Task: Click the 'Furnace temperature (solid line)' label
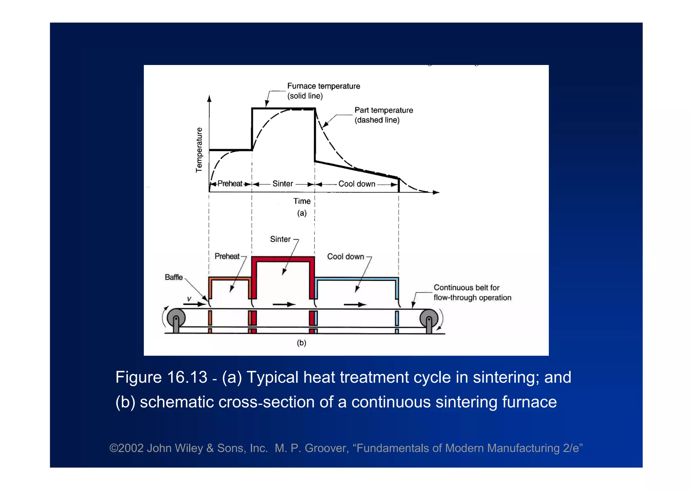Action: click(x=323, y=91)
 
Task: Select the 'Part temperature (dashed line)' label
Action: click(x=383, y=115)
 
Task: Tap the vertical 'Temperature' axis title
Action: click(x=199, y=150)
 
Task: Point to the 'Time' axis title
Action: click(x=302, y=201)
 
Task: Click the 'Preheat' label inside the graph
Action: click(x=230, y=184)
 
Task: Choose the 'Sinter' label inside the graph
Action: click(x=283, y=184)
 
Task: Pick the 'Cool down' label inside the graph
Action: click(x=357, y=184)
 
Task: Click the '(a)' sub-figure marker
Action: click(x=302, y=213)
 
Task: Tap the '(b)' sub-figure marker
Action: click(x=301, y=343)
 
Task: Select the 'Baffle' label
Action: click(x=174, y=277)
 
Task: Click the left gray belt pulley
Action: click(x=176, y=318)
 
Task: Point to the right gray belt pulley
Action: click(x=429, y=318)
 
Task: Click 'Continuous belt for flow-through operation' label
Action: click(x=472, y=293)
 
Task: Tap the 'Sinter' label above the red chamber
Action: click(x=280, y=239)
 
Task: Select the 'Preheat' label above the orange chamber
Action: click(x=227, y=256)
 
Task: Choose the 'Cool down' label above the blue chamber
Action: click(x=345, y=256)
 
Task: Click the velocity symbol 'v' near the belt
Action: click(x=189, y=299)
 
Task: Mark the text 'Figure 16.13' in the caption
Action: click(x=161, y=377)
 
